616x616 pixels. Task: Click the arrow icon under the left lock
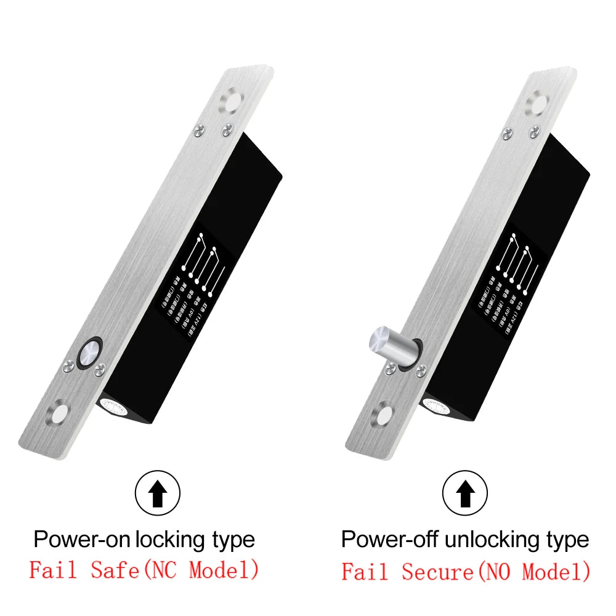pyautogui.click(x=158, y=493)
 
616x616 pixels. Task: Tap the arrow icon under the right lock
pyautogui.click(x=466, y=493)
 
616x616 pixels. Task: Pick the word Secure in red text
pyautogui.click(x=436, y=571)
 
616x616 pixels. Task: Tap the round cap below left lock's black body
pyautogui.click(x=113, y=406)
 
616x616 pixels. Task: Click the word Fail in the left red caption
pyautogui.click(x=53, y=570)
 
